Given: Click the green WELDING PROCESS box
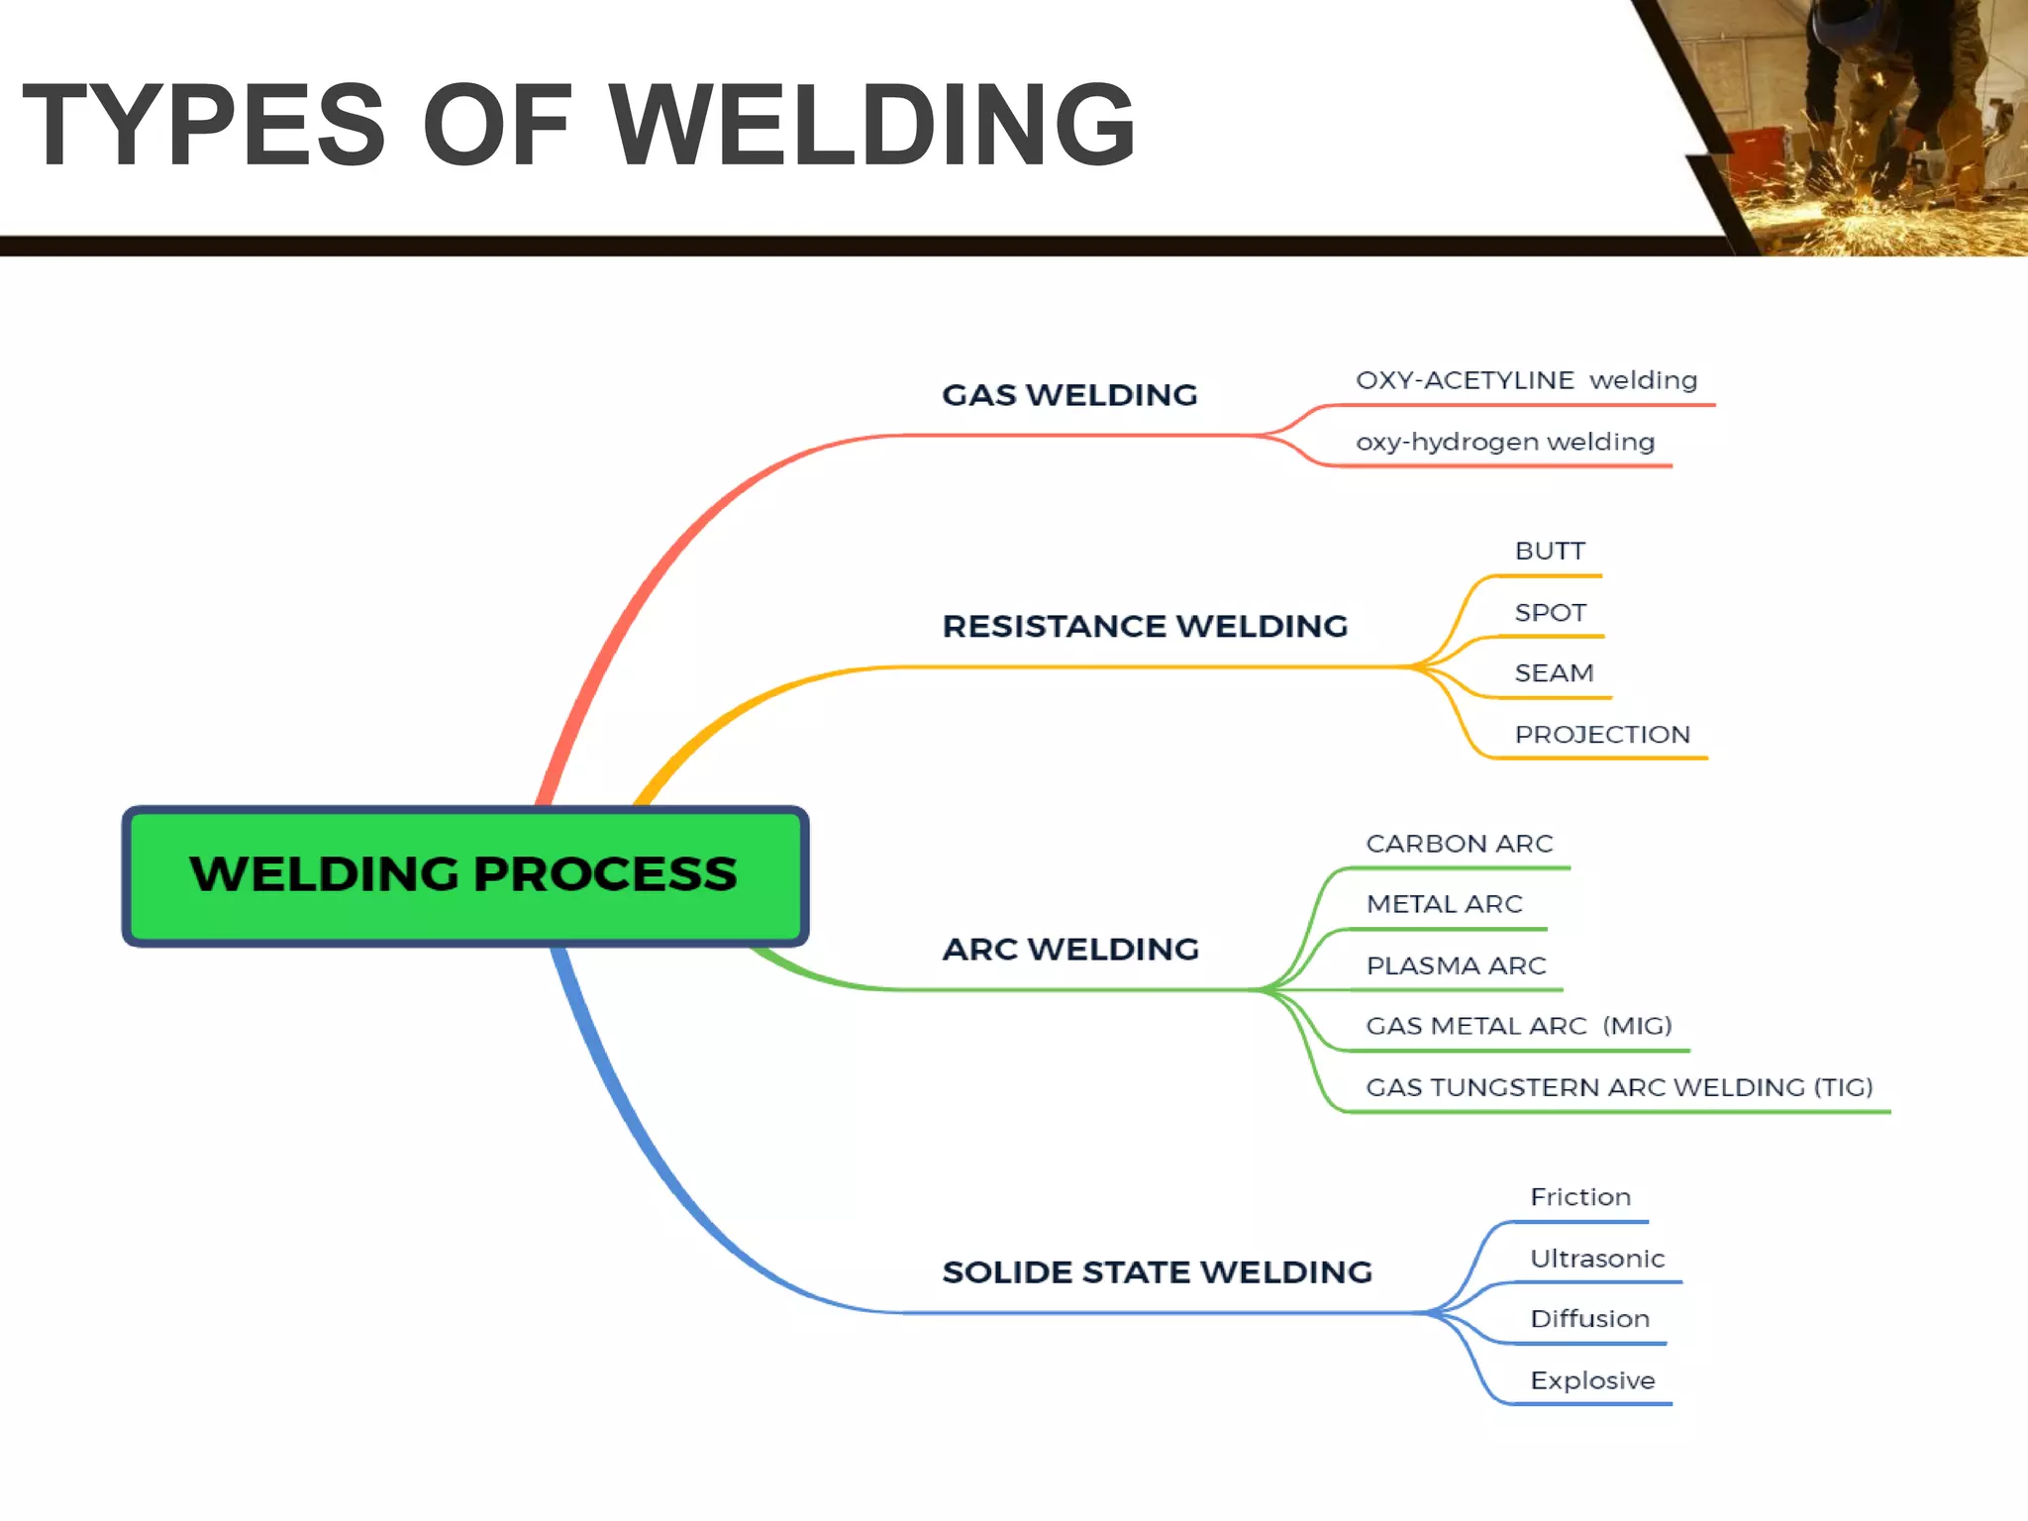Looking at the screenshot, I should click(464, 875).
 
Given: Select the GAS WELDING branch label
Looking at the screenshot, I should click(1069, 395).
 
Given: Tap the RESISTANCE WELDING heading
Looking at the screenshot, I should click(1145, 626).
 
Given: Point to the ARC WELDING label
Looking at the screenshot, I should click(1070, 949).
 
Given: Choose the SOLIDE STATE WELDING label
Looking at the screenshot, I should click(1157, 1271).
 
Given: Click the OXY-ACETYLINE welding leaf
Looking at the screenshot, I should click(1526, 380).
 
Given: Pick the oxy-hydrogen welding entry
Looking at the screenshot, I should click(1504, 442).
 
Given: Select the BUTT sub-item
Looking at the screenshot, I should click(1550, 552).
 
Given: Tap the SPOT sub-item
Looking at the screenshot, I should click(1550, 613).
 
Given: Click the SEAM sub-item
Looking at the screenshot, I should click(1554, 673).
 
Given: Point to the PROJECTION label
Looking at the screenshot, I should click(1601, 735).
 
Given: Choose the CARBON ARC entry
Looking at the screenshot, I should click(1459, 844).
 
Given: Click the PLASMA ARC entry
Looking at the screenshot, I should click(1456, 965).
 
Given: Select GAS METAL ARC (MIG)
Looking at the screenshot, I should click(1518, 1026).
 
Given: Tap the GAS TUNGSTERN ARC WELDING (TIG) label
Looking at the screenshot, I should click(1619, 1087).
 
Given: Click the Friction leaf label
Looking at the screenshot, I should click(1579, 1197).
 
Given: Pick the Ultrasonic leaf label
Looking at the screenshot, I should click(1596, 1259).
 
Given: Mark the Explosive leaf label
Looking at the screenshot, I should click(1591, 1380).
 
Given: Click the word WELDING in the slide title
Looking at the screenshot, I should click(871, 126).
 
